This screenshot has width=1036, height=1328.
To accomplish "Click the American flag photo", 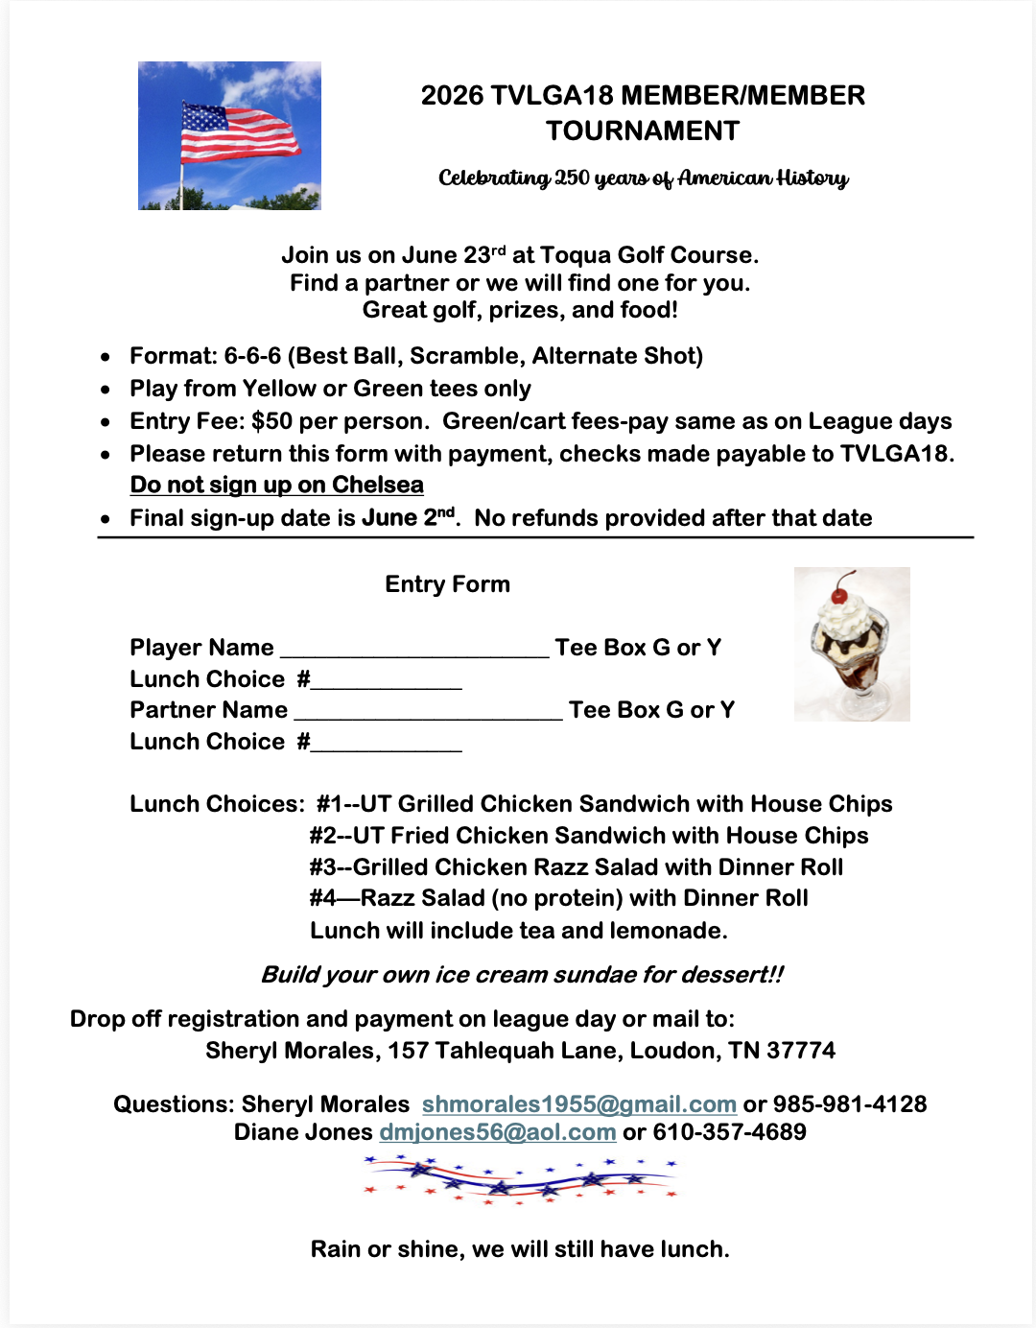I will (x=229, y=135).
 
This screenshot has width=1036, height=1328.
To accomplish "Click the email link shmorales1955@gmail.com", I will (x=578, y=1104).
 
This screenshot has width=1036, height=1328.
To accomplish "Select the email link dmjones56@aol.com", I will (x=497, y=1132).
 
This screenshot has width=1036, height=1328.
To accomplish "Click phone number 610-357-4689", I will (x=729, y=1132).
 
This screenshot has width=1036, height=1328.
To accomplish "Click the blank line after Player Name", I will (x=413, y=651).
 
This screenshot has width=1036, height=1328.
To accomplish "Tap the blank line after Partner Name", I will (x=428, y=713).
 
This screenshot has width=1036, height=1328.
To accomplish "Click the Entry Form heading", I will (x=447, y=584).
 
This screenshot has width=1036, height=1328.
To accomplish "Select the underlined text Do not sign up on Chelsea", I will (x=276, y=486).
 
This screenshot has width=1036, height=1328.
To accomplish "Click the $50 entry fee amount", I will (x=271, y=421).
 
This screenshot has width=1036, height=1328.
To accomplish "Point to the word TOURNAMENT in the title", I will (x=643, y=130).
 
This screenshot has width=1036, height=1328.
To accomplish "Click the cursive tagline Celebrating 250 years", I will (x=643, y=178).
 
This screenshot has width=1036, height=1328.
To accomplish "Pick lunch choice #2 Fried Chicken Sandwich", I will (x=588, y=836).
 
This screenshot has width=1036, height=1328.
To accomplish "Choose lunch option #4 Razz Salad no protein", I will (x=558, y=898).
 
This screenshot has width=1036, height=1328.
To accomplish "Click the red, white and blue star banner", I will (x=520, y=1177).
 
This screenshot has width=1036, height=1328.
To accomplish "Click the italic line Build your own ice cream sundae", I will (x=522, y=975).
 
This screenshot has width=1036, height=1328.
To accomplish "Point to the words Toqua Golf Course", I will (x=648, y=255).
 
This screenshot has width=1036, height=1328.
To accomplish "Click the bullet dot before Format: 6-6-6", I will (x=106, y=357).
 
